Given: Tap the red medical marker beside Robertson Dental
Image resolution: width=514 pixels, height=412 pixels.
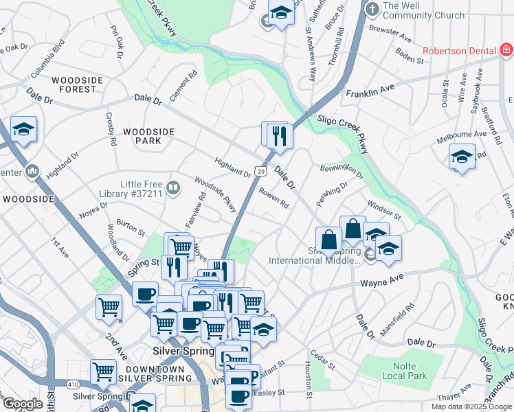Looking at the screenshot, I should click(506, 50).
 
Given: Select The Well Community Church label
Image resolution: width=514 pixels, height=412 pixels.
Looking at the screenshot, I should click(424, 10).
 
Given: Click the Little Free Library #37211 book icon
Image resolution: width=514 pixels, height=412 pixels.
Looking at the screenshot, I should click(174, 187).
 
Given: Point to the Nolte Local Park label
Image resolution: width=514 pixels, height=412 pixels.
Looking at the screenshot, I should click(410, 371).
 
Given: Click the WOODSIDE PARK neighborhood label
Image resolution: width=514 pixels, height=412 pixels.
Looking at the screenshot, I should click(143, 135).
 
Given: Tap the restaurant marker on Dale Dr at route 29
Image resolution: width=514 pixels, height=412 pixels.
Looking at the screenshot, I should click(279, 135).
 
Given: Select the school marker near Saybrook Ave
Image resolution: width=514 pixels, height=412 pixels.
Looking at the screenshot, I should click(462, 157).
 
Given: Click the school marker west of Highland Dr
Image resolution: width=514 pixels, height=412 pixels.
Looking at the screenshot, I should click(23, 130).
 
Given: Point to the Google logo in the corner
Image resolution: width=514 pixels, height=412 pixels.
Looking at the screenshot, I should click(23, 404).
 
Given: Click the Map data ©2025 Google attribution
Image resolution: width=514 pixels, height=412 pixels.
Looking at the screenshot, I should click(471, 407).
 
